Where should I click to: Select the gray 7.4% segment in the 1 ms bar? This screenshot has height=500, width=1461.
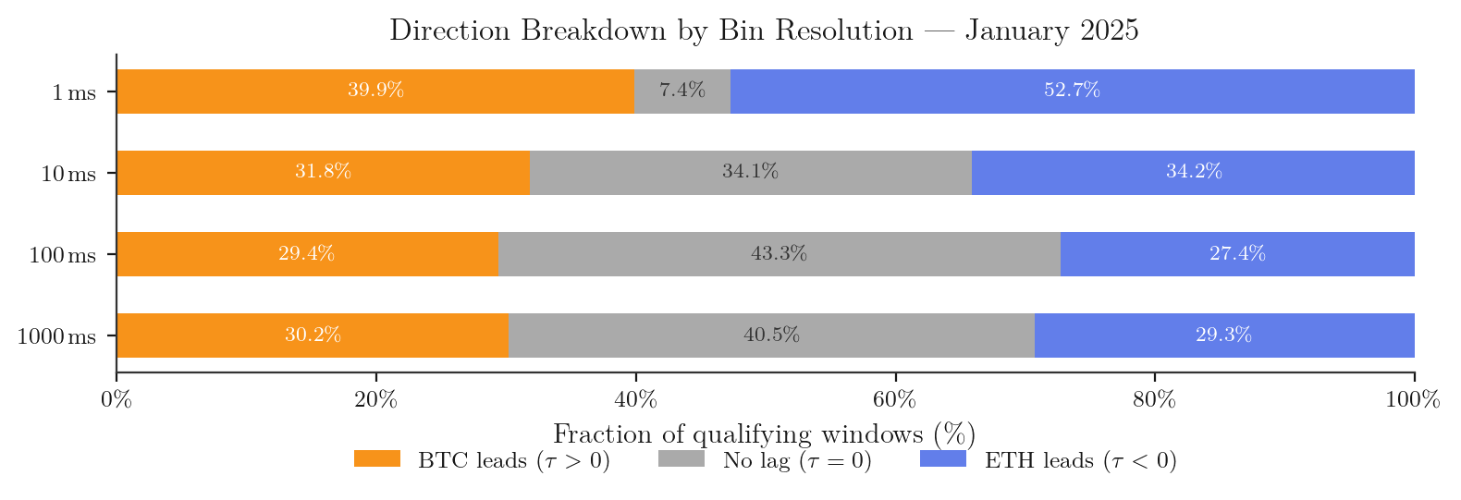coord(682,91)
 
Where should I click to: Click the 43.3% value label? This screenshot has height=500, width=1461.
coord(779,254)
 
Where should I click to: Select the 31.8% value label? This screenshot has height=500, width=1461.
coord(323,173)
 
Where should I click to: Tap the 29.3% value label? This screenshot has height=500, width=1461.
coord(1223,335)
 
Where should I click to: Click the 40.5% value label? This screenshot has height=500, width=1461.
coord(771,335)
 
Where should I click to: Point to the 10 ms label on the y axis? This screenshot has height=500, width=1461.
coord(68,174)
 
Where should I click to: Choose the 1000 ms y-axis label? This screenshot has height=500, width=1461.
coord(56,336)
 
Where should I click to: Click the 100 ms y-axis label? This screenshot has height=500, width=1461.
coord(62,255)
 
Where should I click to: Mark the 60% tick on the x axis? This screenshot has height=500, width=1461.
coord(895,400)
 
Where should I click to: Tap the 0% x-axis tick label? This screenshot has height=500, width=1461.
coord(117,400)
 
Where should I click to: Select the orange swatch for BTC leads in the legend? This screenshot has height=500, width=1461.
coord(377,459)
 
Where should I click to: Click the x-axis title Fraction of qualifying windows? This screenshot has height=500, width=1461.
coord(764,434)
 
